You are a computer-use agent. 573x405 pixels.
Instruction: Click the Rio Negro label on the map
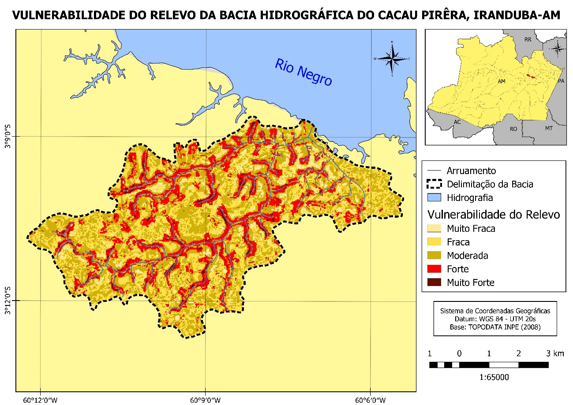click(x=303, y=72)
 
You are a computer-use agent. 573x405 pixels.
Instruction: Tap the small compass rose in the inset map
click(x=558, y=48)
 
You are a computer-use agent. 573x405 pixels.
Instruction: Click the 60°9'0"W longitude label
click(x=205, y=400)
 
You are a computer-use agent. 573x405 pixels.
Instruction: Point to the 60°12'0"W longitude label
click(x=40, y=400)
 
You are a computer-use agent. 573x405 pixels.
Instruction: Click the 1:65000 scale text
click(x=489, y=377)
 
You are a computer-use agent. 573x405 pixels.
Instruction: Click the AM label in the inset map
click(x=501, y=82)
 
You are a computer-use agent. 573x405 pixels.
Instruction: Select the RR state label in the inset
click(x=528, y=40)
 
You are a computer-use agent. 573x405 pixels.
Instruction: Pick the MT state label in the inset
click(x=548, y=128)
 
